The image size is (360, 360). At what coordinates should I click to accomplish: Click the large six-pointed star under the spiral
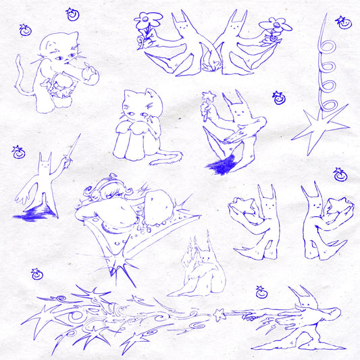pos(317,127)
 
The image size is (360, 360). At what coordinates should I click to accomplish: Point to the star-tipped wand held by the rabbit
pos(208,98)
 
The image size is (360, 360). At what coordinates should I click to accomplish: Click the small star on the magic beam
pos(217,313)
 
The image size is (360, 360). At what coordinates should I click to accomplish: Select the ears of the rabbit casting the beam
pos(301,292)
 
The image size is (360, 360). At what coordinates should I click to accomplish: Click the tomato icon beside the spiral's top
pos(344,22)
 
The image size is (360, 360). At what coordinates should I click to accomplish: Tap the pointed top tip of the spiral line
pos(326,15)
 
